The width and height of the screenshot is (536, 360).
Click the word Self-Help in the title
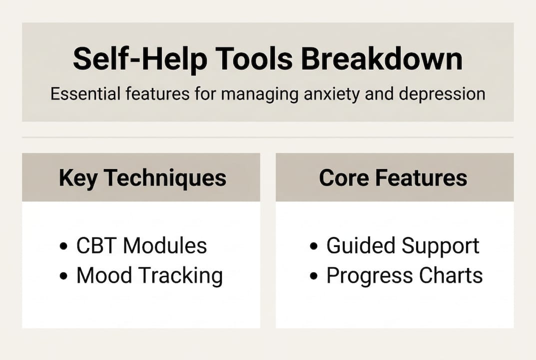[x=140, y=59]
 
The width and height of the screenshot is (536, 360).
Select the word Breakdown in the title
[x=382, y=59]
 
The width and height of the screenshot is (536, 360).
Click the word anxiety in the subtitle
[x=332, y=94]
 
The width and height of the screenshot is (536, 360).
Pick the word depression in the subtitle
[x=442, y=94]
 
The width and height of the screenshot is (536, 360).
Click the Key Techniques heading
[x=142, y=178]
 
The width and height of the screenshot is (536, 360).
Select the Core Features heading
[x=393, y=177]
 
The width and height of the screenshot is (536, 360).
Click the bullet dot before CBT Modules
[x=63, y=246]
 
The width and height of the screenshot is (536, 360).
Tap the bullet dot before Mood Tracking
[x=63, y=276]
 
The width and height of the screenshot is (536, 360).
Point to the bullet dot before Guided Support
[x=314, y=246]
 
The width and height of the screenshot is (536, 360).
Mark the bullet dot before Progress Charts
[x=314, y=276]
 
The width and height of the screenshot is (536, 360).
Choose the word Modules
[x=165, y=245]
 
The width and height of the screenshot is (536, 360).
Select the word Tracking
[x=181, y=276]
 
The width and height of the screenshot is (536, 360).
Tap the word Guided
[x=361, y=245]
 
